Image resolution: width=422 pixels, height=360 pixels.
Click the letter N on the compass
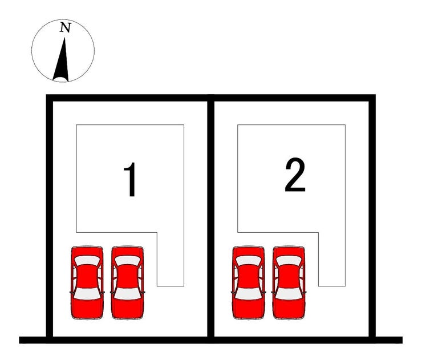(65, 27)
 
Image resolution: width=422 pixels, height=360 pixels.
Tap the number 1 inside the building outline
(130, 180)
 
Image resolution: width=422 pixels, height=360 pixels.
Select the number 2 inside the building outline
(295, 175)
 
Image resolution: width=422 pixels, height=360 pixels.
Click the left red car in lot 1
(87, 283)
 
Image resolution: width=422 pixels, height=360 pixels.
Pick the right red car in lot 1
(128, 283)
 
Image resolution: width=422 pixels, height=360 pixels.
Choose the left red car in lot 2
(249, 283)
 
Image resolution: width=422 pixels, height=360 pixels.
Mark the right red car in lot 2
(289, 283)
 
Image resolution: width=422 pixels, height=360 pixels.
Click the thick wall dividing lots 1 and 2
(211, 219)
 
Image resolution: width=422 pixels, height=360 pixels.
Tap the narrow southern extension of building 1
(171, 259)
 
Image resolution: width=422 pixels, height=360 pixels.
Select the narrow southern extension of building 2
(332, 259)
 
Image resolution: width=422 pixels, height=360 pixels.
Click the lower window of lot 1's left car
(87, 294)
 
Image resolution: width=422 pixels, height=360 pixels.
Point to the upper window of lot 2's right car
(289, 260)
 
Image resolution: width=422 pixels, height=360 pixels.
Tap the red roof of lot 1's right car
(128, 277)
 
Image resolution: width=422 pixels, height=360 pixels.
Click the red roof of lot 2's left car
(249, 277)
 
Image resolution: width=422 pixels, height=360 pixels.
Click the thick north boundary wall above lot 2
(293, 98)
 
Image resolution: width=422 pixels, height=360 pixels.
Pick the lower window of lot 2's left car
(249, 294)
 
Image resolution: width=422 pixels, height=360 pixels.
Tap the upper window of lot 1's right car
(128, 260)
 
